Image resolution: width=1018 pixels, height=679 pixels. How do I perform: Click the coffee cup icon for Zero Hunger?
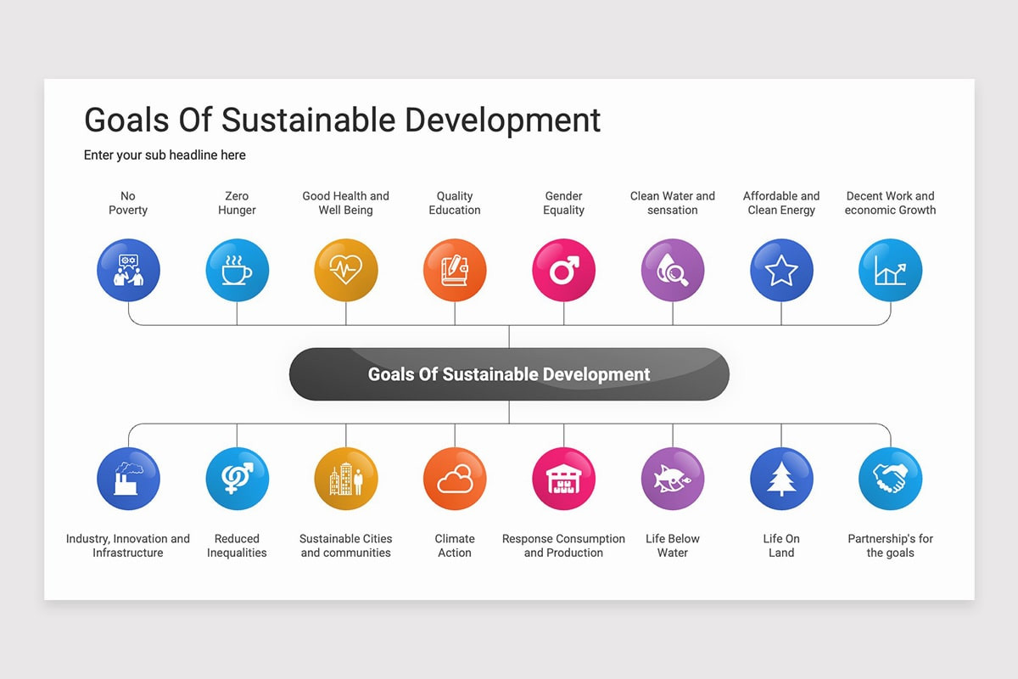(x=237, y=271)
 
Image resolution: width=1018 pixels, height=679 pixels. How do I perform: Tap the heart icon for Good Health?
(x=346, y=271)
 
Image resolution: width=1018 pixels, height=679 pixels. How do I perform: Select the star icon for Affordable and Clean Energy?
(x=781, y=271)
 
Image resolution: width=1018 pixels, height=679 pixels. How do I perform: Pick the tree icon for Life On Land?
(x=781, y=479)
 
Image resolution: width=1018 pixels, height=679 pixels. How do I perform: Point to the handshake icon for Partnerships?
(x=890, y=479)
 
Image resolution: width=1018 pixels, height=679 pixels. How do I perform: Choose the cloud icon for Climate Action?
(x=455, y=479)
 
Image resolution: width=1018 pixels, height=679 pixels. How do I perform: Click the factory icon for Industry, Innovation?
(x=128, y=479)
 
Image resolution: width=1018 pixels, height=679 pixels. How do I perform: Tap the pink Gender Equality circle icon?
(x=563, y=271)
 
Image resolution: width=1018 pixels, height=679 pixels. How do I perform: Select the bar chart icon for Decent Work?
(x=890, y=271)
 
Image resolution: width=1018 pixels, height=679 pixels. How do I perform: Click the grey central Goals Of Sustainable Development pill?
(x=509, y=374)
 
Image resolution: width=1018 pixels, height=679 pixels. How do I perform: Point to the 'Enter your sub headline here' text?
(x=165, y=155)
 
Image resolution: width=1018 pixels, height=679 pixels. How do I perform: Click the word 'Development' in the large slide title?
(x=503, y=120)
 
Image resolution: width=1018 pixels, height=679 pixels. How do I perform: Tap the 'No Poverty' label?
(x=128, y=203)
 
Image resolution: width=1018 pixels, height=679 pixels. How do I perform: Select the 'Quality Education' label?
(x=455, y=203)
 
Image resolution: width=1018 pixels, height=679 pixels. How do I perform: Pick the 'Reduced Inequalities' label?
(x=237, y=546)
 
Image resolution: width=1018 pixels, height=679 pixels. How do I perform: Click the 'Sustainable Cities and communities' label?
(x=346, y=546)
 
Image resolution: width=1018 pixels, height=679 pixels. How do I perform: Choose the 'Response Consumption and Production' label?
(x=563, y=546)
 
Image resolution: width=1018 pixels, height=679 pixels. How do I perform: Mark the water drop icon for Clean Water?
(x=673, y=271)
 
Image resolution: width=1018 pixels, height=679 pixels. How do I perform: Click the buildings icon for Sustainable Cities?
(x=346, y=479)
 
